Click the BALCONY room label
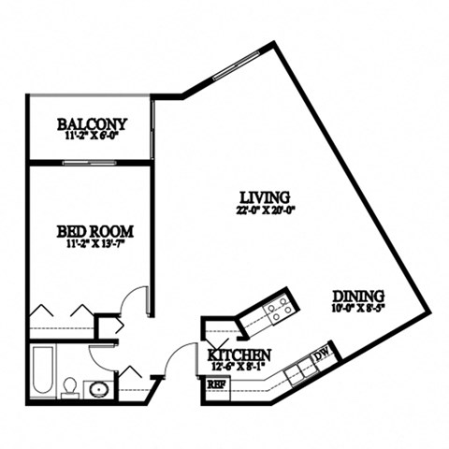pos(91,123)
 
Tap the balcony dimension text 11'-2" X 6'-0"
pos(91,136)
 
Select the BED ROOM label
pos(94,231)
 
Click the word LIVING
pos(264,196)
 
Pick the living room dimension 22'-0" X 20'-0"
pos(264,210)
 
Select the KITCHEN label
pos(239,355)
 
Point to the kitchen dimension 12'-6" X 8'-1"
pos(239,368)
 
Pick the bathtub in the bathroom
pos(43,370)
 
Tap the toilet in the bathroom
pos(69,387)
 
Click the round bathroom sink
pos(96,387)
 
